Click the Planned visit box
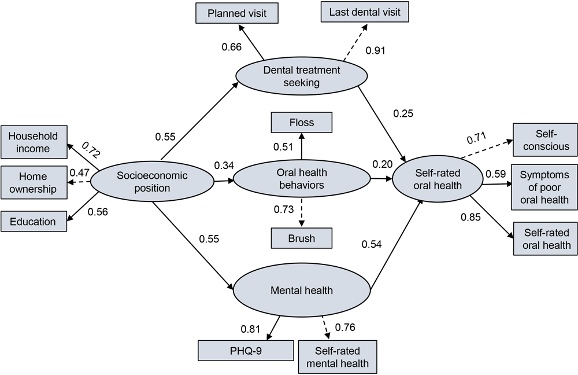(237, 13)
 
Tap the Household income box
(32, 142)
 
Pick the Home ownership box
(32, 182)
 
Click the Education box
(32, 222)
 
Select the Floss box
(302, 123)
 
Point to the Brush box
(302, 238)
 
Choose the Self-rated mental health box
(338, 357)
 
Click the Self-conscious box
(544, 141)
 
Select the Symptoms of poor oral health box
(544, 187)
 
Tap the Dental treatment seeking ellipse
(302, 77)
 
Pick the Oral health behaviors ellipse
(302, 180)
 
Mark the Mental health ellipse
(302, 291)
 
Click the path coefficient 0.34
(224, 166)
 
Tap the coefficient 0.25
(404, 113)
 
